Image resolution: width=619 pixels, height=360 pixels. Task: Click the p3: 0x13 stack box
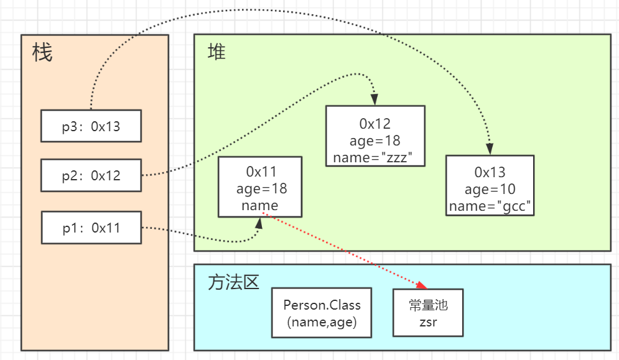(91, 126)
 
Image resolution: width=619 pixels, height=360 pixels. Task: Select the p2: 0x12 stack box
(91, 175)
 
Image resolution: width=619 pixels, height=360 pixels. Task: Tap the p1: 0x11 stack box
(91, 228)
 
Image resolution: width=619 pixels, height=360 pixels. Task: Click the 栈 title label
(42, 52)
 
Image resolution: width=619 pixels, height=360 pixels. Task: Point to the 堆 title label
(216, 52)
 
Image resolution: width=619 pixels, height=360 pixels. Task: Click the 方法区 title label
(233, 283)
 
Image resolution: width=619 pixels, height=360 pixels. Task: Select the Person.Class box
(322, 313)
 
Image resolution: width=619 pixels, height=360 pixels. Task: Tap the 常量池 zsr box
(428, 313)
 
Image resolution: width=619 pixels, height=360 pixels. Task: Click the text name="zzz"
(373, 157)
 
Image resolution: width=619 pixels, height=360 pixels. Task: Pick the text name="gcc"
(490, 206)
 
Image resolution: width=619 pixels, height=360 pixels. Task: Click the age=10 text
(490, 190)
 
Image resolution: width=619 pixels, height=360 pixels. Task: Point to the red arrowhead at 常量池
(422, 285)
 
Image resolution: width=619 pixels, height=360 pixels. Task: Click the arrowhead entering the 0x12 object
(375, 99)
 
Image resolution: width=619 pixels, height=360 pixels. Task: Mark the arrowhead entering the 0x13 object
(490, 149)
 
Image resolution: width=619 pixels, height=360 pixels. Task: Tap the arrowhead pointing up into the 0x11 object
(259, 223)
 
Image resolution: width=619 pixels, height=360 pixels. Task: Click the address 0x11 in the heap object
(261, 172)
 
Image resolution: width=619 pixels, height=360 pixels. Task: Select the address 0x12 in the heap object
(375, 124)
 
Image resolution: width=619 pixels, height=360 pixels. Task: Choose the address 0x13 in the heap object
(490, 172)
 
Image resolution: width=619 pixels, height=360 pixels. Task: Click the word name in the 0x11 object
(260, 206)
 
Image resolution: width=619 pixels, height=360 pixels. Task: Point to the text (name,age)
(322, 322)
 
